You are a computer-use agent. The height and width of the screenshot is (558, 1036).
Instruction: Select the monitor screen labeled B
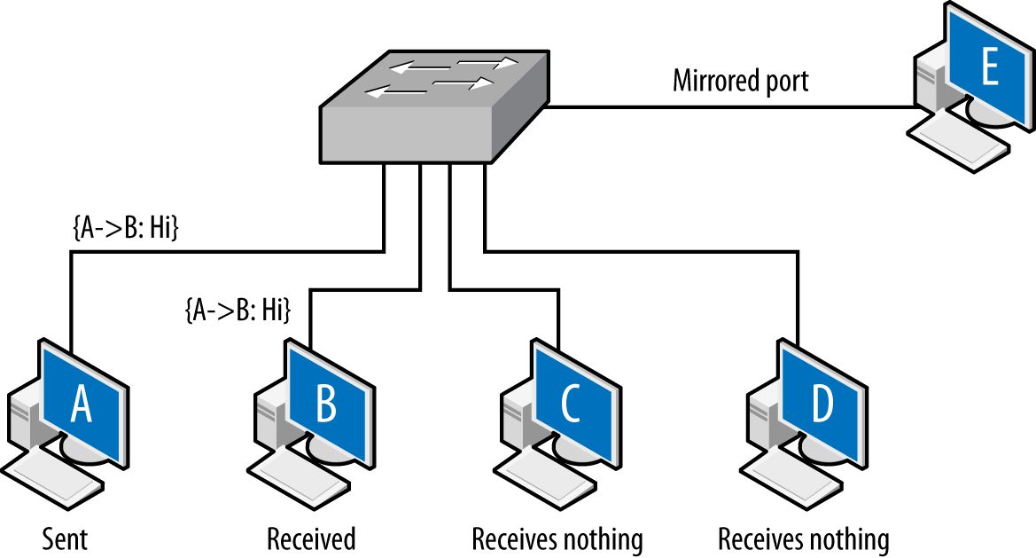(x=325, y=404)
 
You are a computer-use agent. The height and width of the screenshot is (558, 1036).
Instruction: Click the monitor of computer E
(x=989, y=67)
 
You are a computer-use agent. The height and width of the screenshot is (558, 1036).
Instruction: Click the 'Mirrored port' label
(x=741, y=81)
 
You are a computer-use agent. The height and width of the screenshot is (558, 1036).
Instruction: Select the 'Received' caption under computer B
(x=311, y=538)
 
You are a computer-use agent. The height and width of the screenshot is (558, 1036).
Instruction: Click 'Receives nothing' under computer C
(x=557, y=538)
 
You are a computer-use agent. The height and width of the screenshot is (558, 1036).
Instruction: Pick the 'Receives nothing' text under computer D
(x=803, y=538)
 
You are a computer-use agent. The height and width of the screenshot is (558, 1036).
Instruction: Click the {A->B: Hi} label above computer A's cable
(x=125, y=229)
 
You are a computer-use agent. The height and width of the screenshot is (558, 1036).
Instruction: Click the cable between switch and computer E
(x=727, y=107)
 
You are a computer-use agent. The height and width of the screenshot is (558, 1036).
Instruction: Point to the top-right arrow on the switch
(x=488, y=63)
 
